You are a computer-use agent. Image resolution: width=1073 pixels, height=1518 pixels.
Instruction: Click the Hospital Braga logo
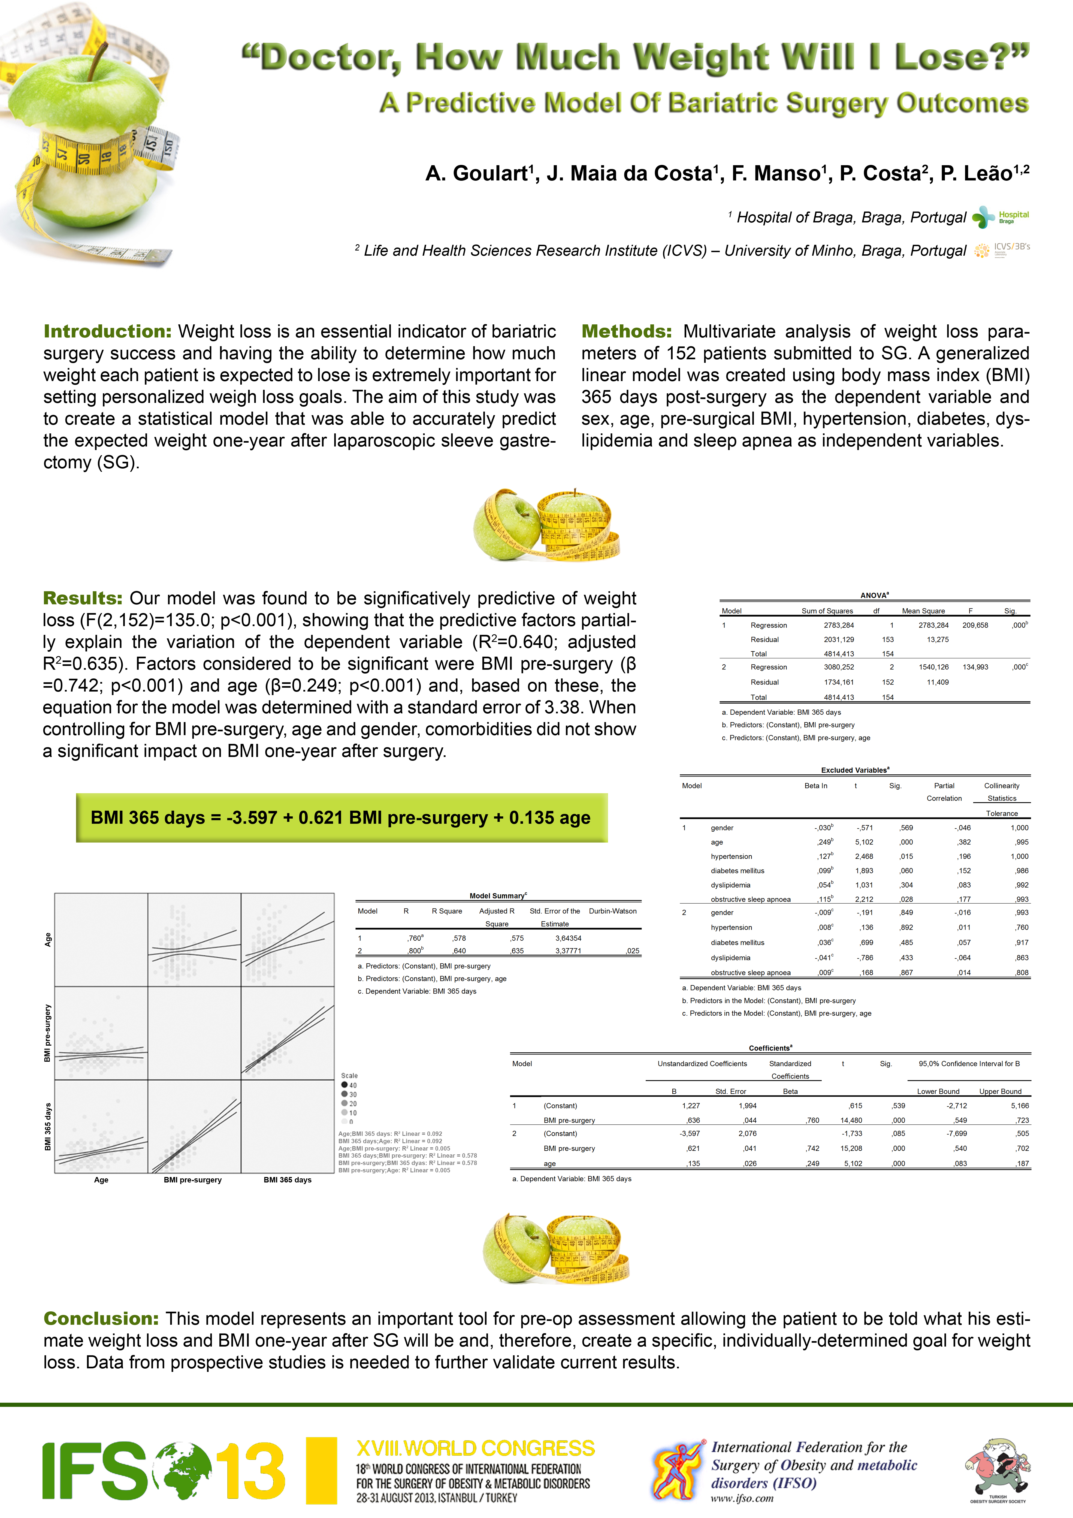pyautogui.click(x=1000, y=217)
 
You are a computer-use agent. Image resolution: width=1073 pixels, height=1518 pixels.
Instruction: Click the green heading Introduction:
pyautogui.click(x=107, y=331)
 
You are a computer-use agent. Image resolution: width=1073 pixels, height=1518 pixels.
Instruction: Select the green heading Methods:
pyautogui.click(x=626, y=331)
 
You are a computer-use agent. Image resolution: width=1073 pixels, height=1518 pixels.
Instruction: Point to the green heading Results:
pyautogui.click(x=83, y=598)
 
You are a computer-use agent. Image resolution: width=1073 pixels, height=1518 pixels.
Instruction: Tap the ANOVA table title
pyautogui.click(x=874, y=595)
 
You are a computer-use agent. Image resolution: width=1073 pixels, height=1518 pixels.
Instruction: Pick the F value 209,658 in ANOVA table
pyautogui.click(x=975, y=625)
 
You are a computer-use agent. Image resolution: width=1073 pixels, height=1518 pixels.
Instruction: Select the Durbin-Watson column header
pyautogui.click(x=613, y=911)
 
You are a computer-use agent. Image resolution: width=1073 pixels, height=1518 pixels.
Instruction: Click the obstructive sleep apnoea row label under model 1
pyautogui.click(x=750, y=899)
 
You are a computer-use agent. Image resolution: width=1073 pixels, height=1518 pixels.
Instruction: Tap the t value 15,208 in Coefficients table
pyautogui.click(x=851, y=1148)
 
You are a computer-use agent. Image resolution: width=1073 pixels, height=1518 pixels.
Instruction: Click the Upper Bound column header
pyautogui.click(x=1000, y=1092)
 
